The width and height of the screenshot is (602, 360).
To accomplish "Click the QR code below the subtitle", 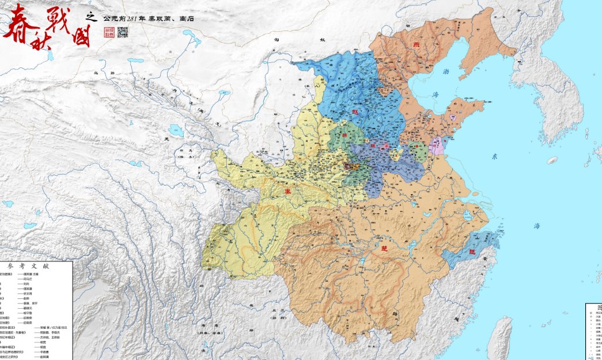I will coord(123,32).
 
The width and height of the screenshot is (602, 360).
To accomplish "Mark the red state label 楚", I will coord(384,248).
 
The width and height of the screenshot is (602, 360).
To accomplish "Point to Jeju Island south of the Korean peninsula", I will coord(552,160).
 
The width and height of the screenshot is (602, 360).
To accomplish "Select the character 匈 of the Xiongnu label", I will coord(277,40).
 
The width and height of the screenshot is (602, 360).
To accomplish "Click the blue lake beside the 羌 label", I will coord(176,132).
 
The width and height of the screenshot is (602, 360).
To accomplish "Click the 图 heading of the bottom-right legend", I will coord(596,308).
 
